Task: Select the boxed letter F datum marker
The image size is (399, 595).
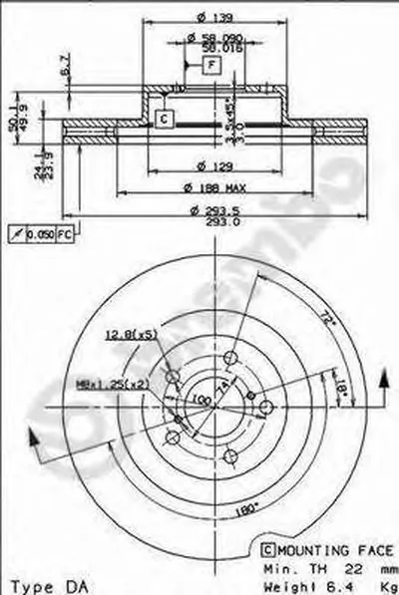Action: (x=211, y=66)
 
